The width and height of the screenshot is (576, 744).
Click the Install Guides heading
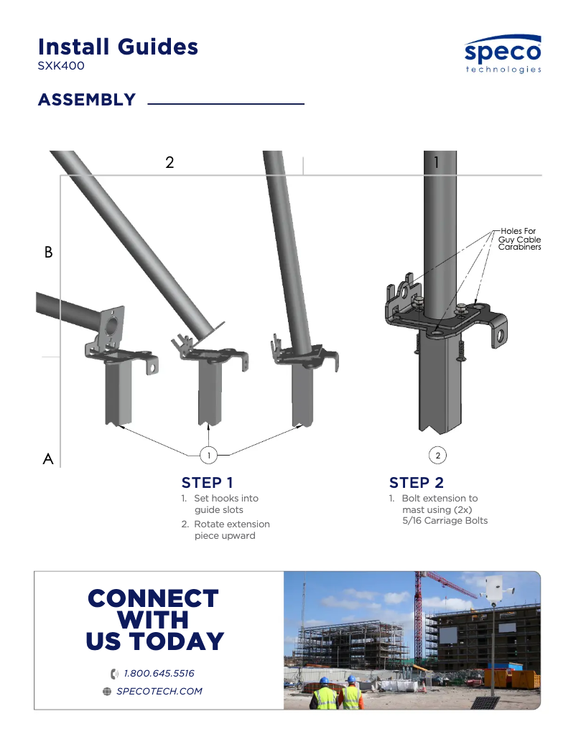[x=118, y=47]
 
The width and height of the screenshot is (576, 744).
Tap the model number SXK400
[x=61, y=66]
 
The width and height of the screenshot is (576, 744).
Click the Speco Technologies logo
[x=503, y=55]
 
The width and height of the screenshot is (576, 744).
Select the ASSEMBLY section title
[x=87, y=100]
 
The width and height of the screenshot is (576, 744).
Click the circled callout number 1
[x=208, y=455]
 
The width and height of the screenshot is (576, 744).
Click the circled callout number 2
[x=437, y=455]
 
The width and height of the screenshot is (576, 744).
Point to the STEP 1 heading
[x=207, y=482]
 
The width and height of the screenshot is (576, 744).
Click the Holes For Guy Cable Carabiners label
[x=519, y=239]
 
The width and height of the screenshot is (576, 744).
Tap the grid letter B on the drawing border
[x=49, y=253]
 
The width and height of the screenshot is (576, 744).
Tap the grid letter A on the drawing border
[x=48, y=459]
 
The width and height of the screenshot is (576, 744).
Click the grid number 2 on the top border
[x=169, y=162]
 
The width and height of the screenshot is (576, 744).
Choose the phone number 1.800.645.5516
[x=159, y=674]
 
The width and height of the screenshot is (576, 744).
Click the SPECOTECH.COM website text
[x=159, y=692]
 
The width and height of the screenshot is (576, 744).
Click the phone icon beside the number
[x=114, y=674]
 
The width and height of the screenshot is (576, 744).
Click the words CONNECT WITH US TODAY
[x=154, y=620]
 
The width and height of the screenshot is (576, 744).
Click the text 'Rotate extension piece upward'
[x=231, y=529]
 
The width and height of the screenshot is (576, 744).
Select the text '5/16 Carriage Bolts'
[x=445, y=520]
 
